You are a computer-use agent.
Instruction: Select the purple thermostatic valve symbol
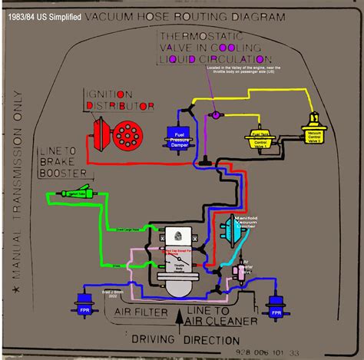[217, 114]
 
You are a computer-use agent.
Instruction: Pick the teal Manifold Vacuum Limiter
[231, 228]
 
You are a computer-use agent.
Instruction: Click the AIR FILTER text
[144, 312]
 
